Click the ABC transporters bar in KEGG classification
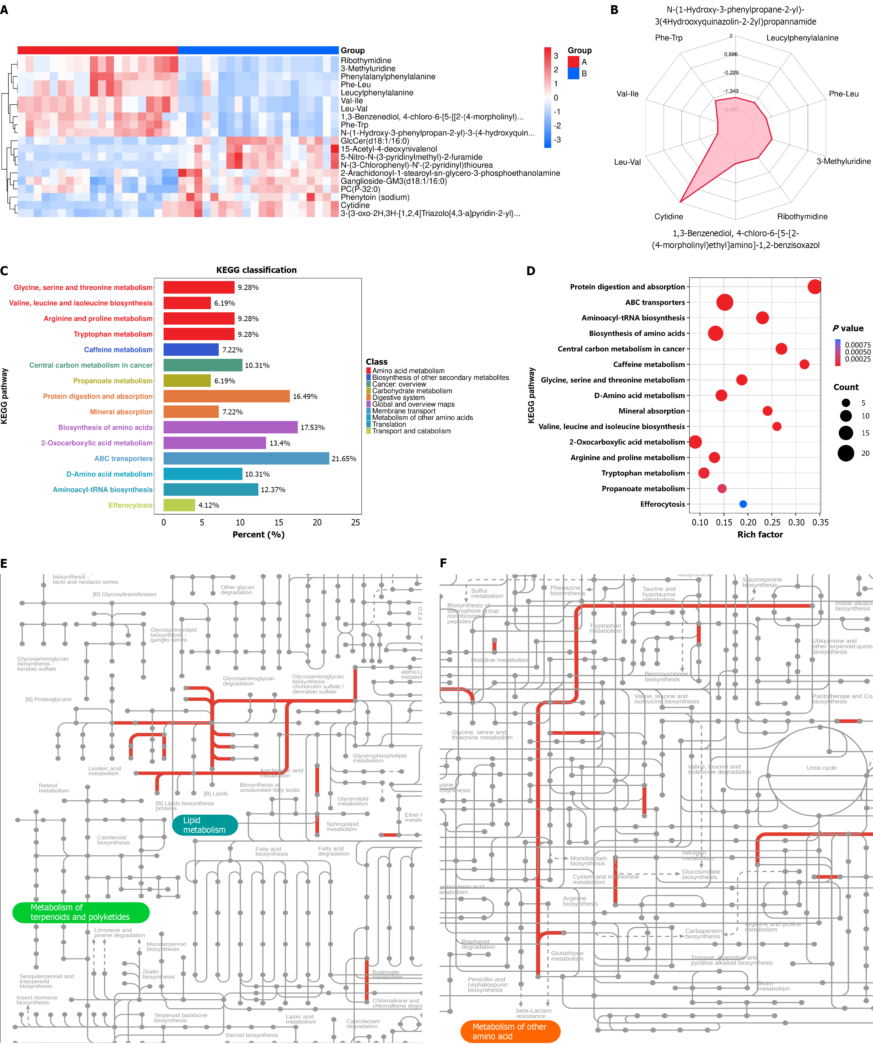(x=246, y=458)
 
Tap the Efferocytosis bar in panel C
(x=179, y=505)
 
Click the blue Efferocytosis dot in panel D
(x=743, y=504)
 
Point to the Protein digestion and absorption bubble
(x=814, y=287)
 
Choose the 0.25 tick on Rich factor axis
(x=772, y=522)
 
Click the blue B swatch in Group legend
(x=573, y=74)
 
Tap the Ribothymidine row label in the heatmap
(x=366, y=61)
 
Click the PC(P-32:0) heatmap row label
(x=360, y=190)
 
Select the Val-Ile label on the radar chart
(x=627, y=94)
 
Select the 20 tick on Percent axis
(x=317, y=522)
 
